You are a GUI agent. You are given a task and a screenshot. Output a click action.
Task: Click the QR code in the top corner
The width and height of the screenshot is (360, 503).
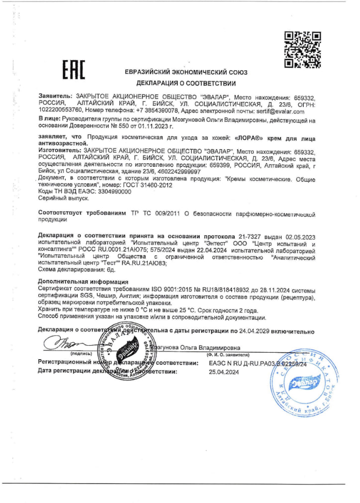302,50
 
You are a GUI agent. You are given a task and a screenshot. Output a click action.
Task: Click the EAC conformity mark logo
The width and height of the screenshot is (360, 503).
74,71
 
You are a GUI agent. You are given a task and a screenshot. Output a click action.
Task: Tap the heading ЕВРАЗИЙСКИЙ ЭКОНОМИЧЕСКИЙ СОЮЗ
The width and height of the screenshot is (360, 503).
186,72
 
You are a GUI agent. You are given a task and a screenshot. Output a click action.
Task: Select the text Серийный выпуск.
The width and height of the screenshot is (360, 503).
56,198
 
